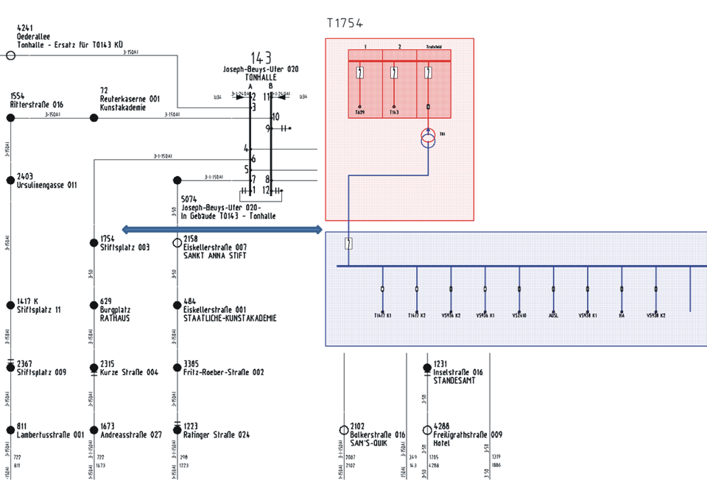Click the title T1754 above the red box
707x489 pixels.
(345, 24)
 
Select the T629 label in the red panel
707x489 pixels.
(359, 113)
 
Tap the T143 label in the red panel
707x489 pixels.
(394, 113)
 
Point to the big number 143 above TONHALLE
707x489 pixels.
(261, 58)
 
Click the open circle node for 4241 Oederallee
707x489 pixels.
(10, 55)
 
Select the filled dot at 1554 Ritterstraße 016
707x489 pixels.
(10, 117)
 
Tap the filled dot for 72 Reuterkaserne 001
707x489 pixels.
(94, 117)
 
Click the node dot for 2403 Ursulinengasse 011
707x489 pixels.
(10, 179)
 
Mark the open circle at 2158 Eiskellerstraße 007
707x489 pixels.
(177, 242)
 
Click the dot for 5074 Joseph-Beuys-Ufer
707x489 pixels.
(177, 180)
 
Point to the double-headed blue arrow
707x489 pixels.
(222, 230)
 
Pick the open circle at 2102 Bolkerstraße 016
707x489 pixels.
(344, 430)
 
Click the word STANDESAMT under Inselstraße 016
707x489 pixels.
(454, 381)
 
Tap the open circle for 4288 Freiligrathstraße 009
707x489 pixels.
(427, 430)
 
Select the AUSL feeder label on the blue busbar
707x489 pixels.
(554, 315)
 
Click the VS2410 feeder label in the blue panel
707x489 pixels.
(519, 315)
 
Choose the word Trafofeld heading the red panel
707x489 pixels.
(427, 46)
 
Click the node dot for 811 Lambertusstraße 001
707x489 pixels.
(10, 430)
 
